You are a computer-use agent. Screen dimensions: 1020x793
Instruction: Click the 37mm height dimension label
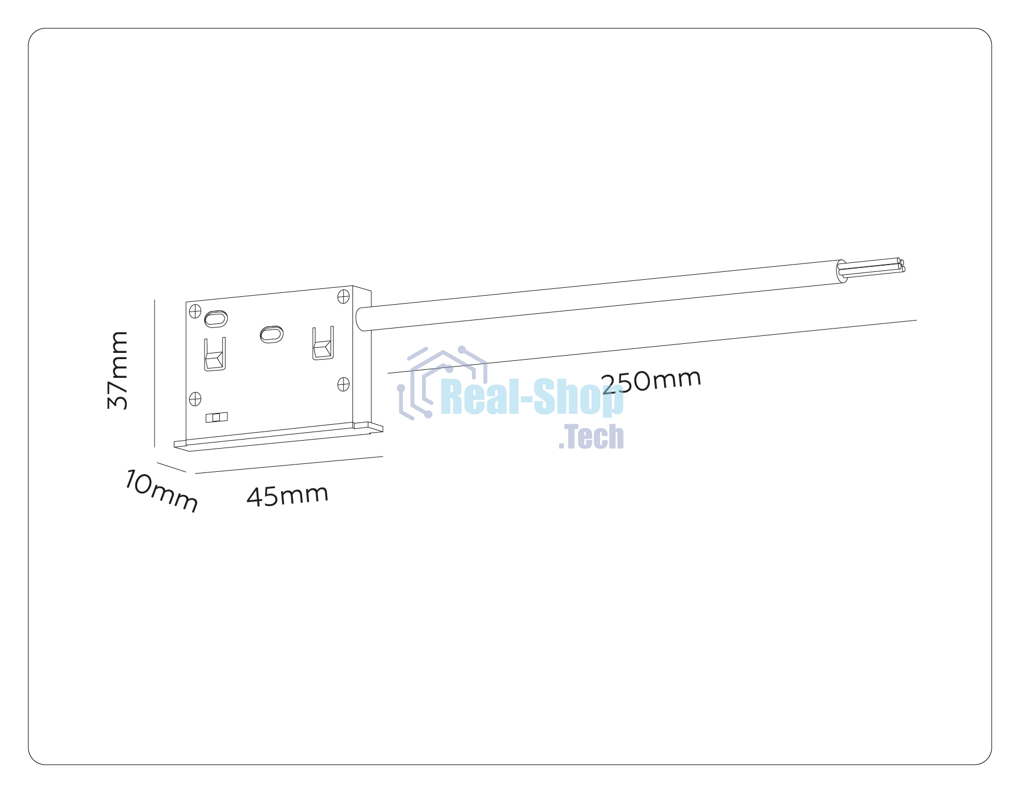[118, 370]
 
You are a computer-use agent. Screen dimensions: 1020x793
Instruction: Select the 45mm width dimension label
[288, 495]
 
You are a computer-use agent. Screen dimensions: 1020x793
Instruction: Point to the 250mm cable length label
[652, 381]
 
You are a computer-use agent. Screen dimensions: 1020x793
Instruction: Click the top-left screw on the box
[195, 312]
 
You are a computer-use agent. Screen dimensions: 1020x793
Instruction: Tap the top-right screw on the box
[343, 296]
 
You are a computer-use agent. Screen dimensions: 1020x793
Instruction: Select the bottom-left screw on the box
[195, 399]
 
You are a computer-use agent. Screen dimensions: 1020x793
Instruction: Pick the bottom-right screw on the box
[343, 385]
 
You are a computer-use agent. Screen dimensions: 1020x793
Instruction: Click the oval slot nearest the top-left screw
[215, 319]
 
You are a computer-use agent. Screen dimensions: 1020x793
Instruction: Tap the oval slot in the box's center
[271, 334]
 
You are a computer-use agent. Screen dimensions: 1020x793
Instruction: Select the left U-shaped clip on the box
[215, 355]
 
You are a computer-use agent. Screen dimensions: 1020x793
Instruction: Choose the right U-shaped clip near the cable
[323, 343]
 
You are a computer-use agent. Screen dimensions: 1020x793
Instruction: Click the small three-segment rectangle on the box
[216, 417]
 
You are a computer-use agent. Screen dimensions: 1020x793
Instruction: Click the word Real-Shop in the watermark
[532, 398]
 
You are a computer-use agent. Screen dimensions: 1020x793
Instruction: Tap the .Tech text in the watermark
[591, 437]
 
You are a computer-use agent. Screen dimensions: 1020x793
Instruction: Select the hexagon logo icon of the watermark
[443, 383]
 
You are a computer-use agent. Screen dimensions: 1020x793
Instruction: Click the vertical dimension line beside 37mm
[155, 373]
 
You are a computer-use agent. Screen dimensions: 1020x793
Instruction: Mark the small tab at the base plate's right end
[368, 427]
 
